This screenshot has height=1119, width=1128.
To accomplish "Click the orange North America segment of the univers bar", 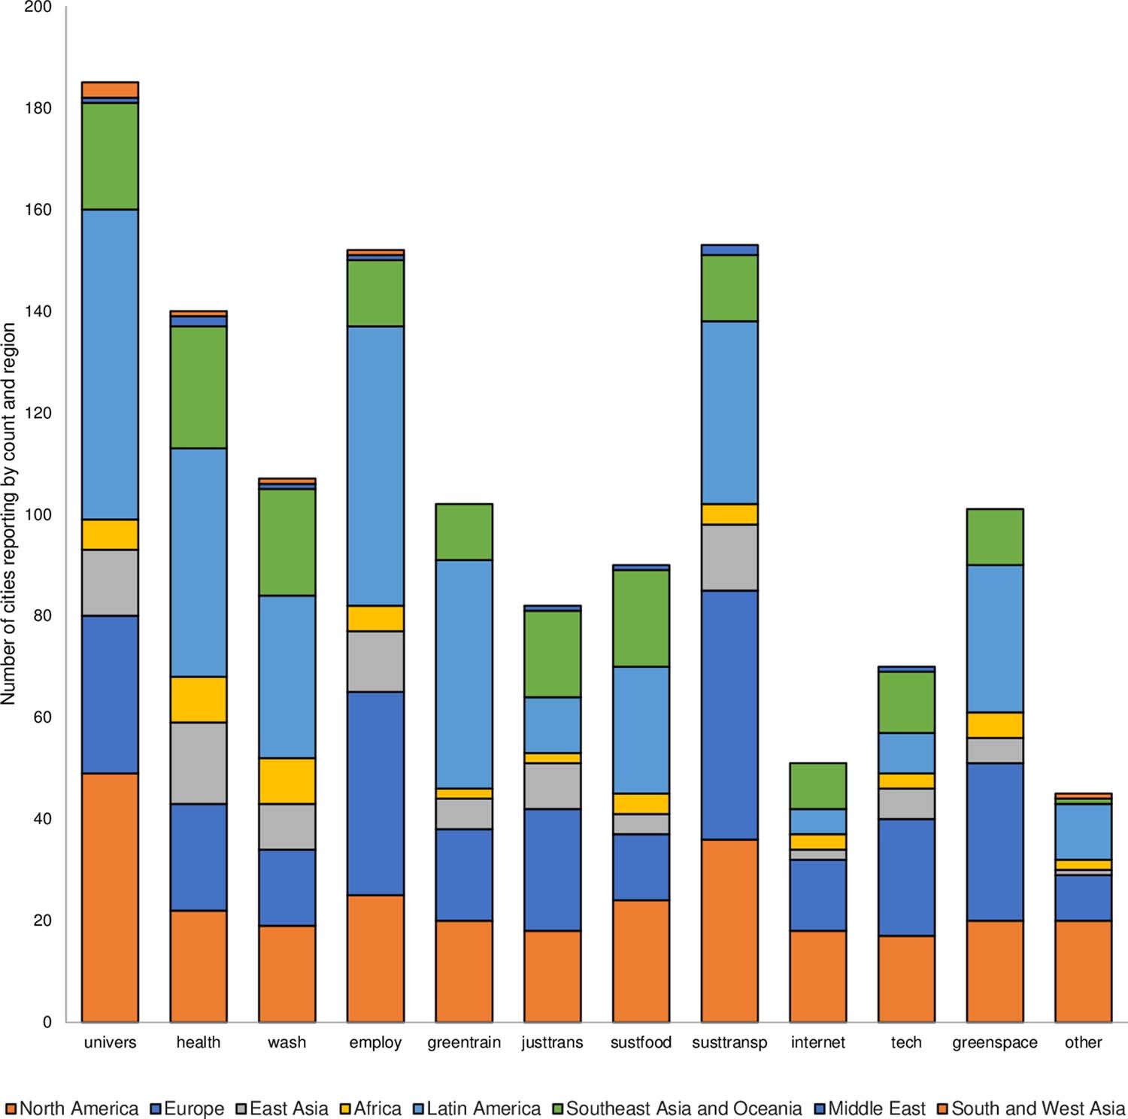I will [x=110, y=897].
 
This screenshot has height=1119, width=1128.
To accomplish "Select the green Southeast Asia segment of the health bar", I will [x=199, y=387].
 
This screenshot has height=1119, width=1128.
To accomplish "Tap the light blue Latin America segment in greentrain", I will [x=464, y=674].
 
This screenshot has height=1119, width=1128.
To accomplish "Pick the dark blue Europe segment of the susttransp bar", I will [x=729, y=714].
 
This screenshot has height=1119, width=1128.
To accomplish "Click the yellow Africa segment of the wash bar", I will [x=287, y=781].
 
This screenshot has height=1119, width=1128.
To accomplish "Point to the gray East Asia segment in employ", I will [x=375, y=661].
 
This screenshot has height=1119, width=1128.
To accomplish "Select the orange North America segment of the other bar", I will [x=1083, y=971].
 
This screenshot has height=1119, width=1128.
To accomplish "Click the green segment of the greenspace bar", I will [x=995, y=537].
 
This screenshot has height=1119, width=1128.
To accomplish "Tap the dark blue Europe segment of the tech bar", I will [x=906, y=877].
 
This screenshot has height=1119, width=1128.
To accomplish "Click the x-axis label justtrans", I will [x=552, y=1042].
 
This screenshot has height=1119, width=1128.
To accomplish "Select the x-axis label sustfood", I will [x=641, y=1042].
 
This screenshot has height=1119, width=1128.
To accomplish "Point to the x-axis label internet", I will [x=817, y=1042].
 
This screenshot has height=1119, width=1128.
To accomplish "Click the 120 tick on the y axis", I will [x=38, y=413].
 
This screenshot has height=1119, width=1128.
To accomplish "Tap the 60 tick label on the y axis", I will [x=42, y=717].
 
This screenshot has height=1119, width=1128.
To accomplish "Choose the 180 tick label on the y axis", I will [x=38, y=108].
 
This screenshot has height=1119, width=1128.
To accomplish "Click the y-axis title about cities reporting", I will [x=9, y=514].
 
